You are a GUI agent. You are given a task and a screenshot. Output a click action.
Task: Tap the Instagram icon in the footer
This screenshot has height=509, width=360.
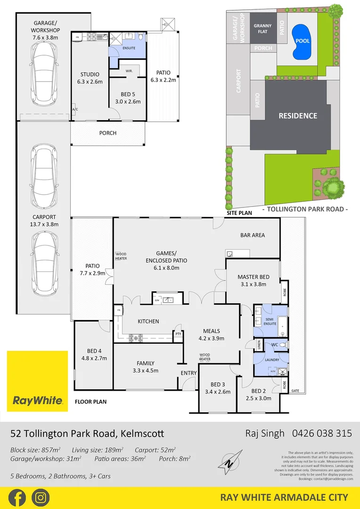41,498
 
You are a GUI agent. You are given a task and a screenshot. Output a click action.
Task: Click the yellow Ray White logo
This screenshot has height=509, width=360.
37,381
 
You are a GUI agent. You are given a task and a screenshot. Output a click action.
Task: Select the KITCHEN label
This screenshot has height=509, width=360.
148,321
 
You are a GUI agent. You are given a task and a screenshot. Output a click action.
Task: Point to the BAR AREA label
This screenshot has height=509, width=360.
253,235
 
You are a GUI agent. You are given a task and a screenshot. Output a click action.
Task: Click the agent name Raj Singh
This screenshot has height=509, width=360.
265,433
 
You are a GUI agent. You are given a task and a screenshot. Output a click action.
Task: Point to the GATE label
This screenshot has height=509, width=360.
295,391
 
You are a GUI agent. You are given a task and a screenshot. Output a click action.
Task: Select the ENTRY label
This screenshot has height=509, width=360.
189,373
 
